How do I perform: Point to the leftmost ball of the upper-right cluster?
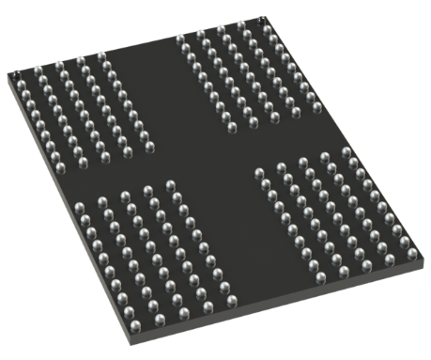tap(178, 39)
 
